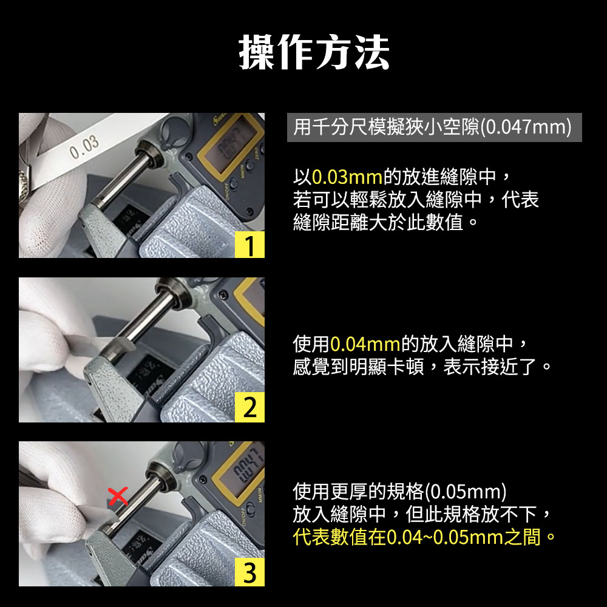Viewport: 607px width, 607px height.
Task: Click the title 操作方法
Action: (x=314, y=52)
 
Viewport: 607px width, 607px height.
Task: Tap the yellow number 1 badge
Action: (x=249, y=245)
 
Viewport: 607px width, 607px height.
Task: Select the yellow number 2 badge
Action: (x=249, y=407)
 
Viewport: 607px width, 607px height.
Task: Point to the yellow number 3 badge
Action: (x=249, y=572)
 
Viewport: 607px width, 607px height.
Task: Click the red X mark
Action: (x=118, y=497)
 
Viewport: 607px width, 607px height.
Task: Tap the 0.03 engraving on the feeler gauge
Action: (x=84, y=148)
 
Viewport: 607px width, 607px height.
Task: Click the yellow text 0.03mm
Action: (x=347, y=177)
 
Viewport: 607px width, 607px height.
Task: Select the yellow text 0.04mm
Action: (x=365, y=344)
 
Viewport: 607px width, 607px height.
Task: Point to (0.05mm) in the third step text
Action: (x=466, y=492)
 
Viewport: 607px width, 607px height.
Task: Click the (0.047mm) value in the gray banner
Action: (x=526, y=127)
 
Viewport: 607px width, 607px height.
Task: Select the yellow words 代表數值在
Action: (x=339, y=537)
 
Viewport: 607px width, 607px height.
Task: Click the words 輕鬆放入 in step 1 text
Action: (x=387, y=200)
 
